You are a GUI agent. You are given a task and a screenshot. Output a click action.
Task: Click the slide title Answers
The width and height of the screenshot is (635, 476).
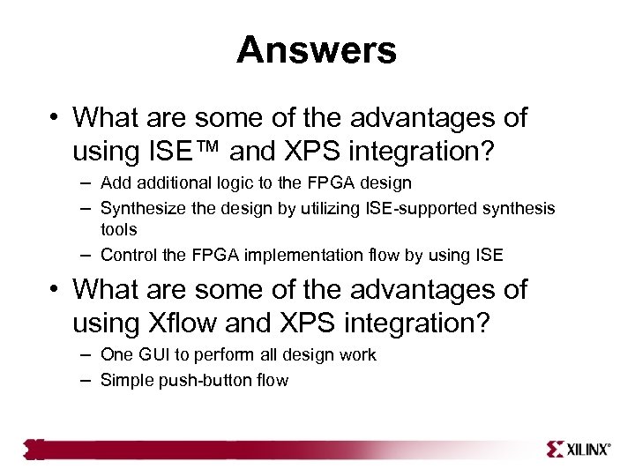[317, 50]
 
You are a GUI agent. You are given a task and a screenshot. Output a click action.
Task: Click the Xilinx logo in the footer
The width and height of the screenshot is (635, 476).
[578, 449]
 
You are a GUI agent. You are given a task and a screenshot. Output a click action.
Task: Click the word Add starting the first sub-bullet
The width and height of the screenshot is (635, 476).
[115, 183]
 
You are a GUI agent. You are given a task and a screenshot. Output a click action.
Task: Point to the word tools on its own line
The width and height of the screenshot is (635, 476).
[119, 229]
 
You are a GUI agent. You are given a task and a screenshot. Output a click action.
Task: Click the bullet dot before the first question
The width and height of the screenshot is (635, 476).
[55, 118]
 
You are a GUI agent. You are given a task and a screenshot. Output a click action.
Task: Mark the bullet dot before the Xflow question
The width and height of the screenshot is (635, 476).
[55, 290]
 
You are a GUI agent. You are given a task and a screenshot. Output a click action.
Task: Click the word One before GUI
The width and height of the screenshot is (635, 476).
[116, 354]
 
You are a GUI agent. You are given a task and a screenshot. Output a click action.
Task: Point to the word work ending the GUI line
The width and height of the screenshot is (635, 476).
[357, 354]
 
